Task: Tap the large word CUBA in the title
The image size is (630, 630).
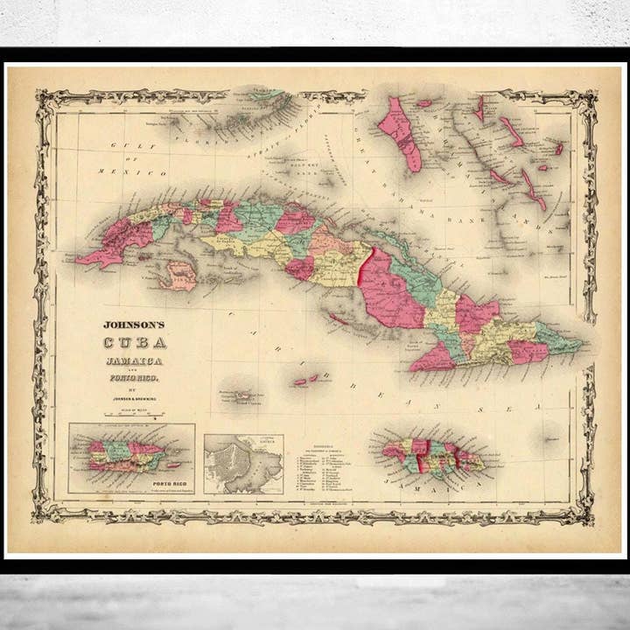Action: point(136,343)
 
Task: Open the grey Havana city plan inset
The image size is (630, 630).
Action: point(243,464)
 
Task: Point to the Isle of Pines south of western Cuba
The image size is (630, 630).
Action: point(180,275)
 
